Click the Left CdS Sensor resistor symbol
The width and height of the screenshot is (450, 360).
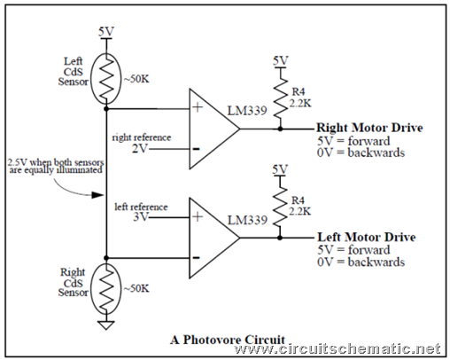tap(106, 79)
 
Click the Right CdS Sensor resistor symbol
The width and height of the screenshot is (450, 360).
tap(106, 289)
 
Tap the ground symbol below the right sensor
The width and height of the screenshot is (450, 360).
tap(106, 325)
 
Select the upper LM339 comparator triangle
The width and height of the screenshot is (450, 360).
tap(214, 129)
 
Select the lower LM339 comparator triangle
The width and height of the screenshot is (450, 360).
tap(214, 238)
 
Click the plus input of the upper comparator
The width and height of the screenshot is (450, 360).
tap(198, 107)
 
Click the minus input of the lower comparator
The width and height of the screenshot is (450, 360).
tap(196, 258)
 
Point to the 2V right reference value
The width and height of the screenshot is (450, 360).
tap(139, 148)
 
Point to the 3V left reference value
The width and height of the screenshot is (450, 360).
tap(141, 217)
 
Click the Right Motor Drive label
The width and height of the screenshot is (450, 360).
tap(369, 128)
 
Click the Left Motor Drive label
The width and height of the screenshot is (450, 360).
tap(367, 237)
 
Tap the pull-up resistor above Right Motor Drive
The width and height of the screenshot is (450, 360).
tap(280, 98)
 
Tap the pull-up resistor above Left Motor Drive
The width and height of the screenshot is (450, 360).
tap(280, 207)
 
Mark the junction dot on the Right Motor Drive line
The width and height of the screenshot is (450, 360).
tap(280, 129)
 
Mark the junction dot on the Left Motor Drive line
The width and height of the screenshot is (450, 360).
tap(280, 238)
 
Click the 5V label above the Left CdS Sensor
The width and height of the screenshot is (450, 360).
tap(106, 31)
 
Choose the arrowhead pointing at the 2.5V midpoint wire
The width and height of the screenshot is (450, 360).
tap(97, 195)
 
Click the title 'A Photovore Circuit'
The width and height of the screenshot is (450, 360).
tap(228, 340)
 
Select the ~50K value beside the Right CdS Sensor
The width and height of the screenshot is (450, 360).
tap(136, 288)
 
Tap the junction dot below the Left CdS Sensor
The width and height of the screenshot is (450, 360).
tap(106, 109)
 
